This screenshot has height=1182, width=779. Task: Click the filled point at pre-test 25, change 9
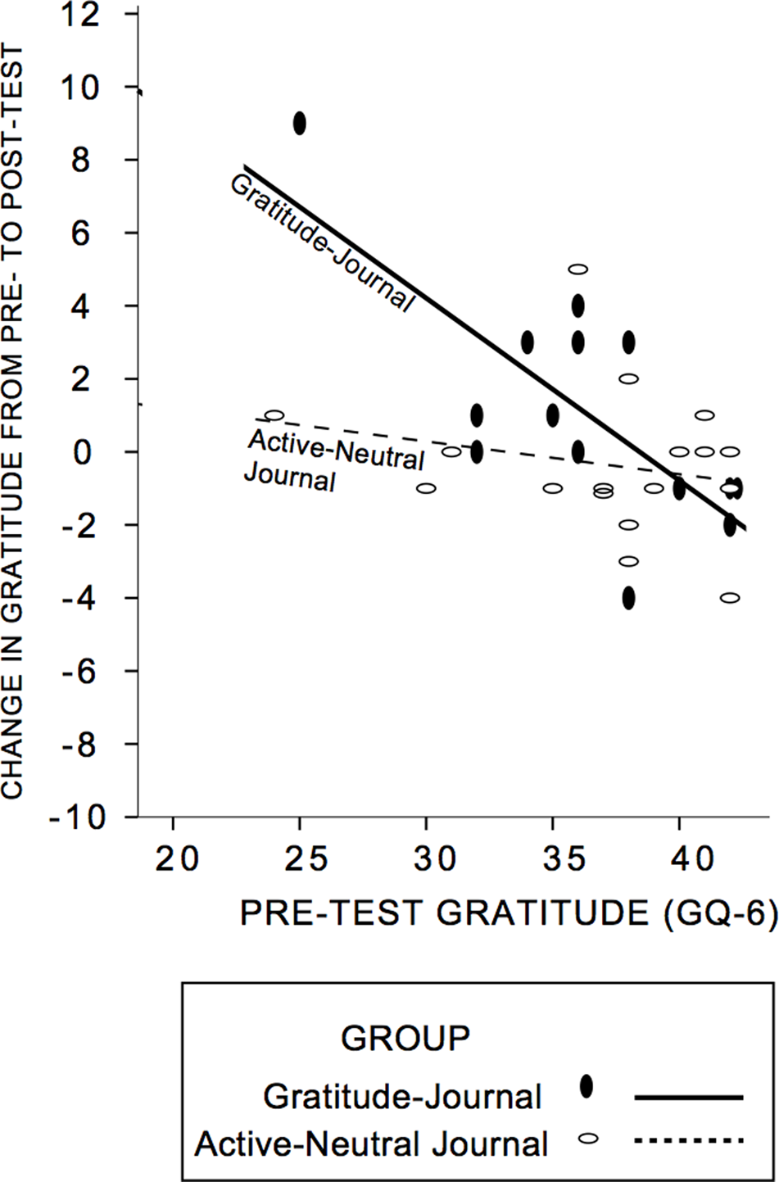point(300,124)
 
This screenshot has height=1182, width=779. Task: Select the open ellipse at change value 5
point(578,269)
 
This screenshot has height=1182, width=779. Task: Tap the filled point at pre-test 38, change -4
point(628,598)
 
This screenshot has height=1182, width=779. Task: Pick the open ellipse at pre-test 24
point(274,415)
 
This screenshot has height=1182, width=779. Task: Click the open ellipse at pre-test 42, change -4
point(730,598)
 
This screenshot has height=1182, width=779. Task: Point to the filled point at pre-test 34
point(528,342)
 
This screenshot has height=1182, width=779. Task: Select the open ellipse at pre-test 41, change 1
point(704,415)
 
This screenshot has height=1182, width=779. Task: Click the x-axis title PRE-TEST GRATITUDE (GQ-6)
point(508,914)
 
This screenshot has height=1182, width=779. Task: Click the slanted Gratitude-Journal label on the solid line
point(319,242)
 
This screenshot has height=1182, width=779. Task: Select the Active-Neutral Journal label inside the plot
point(332,460)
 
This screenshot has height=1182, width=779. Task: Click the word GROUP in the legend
point(405,1038)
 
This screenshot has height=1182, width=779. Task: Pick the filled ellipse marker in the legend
point(587,1086)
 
